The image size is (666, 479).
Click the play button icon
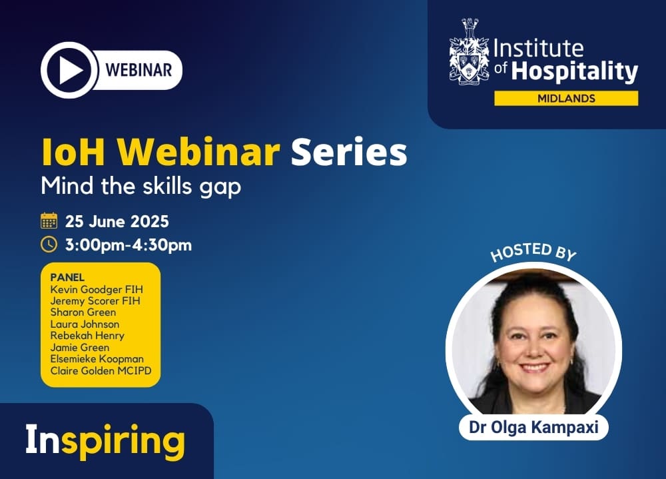[x=69, y=70]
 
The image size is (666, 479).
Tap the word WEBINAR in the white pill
[x=139, y=70]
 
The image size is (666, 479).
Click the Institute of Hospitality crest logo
[x=469, y=51]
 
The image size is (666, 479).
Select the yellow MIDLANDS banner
[x=566, y=98]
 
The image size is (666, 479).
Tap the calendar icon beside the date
[x=49, y=221]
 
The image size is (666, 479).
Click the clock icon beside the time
[x=49, y=244]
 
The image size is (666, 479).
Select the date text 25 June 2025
[x=117, y=221]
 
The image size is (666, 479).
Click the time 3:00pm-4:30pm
[x=129, y=245]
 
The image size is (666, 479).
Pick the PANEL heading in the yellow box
[x=67, y=277]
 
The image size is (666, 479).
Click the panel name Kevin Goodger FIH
[x=97, y=289]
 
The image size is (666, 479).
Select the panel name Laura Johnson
[x=85, y=324]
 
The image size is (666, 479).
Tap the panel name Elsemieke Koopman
[x=97, y=358]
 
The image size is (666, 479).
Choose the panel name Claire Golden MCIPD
[x=101, y=370]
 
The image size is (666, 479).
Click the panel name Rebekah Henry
[x=87, y=336]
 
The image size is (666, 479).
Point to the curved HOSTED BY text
[x=533, y=252]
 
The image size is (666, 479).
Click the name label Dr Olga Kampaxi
[x=533, y=427]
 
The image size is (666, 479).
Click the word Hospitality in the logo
[x=575, y=71]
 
